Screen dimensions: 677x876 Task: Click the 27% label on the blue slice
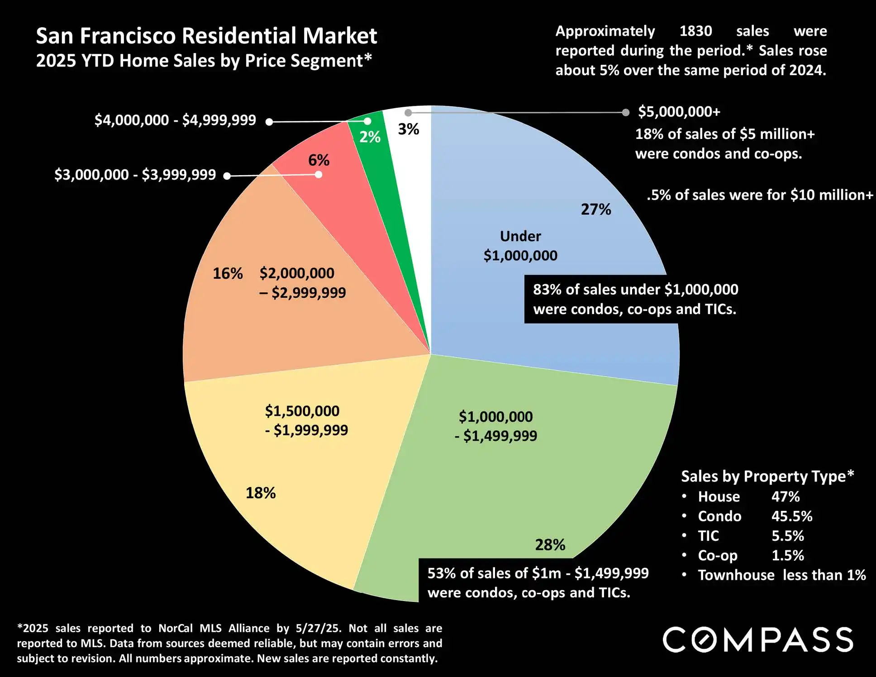click(x=595, y=210)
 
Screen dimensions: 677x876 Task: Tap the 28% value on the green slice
click(x=550, y=545)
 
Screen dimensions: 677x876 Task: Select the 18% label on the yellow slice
click(x=261, y=493)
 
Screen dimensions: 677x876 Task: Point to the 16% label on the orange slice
click(x=228, y=273)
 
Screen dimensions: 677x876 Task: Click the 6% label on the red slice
click(x=319, y=160)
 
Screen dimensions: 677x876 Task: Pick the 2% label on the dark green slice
click(x=370, y=137)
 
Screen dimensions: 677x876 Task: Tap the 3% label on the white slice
click(x=408, y=129)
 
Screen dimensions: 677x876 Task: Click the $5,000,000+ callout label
click(x=679, y=112)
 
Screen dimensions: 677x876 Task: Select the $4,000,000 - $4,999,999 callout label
click(x=175, y=120)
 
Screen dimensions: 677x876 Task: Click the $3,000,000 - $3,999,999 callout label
click(x=135, y=175)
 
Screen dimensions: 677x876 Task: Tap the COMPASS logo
click(x=758, y=639)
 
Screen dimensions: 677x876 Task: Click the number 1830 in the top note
click(x=695, y=31)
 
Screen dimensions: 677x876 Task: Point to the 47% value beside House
click(x=786, y=497)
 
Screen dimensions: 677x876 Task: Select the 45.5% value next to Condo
click(x=792, y=516)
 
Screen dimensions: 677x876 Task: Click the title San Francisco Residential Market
click(x=206, y=36)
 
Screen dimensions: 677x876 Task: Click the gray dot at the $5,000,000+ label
click(x=625, y=113)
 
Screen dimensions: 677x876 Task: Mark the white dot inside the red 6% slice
click(x=319, y=175)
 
